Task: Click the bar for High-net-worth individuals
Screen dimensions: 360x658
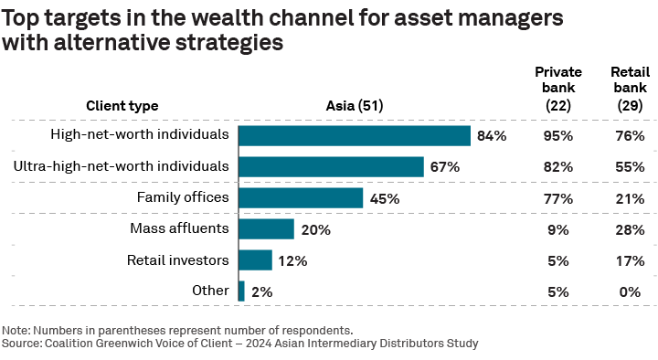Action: (354, 135)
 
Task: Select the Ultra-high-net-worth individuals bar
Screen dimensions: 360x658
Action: (331, 166)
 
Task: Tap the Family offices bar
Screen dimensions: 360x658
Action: (300, 197)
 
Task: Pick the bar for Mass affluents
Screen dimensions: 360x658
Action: (266, 229)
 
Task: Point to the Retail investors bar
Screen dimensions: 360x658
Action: (255, 260)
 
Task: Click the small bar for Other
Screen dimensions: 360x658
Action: (241, 291)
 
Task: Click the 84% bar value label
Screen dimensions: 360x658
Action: (491, 136)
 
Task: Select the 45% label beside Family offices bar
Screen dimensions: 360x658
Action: (384, 198)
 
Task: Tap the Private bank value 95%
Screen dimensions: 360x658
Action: (557, 136)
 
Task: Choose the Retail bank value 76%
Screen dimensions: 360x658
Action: (630, 136)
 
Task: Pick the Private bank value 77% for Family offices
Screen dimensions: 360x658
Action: (557, 198)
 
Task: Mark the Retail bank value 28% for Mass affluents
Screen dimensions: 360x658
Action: (630, 229)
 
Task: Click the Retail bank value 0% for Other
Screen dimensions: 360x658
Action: (630, 291)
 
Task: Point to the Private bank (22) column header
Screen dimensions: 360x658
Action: (557, 89)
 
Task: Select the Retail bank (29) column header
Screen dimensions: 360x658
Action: (630, 89)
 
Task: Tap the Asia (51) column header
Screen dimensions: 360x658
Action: (354, 105)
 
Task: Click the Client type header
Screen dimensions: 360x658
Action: (122, 105)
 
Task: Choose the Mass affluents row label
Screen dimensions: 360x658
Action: (178, 228)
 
